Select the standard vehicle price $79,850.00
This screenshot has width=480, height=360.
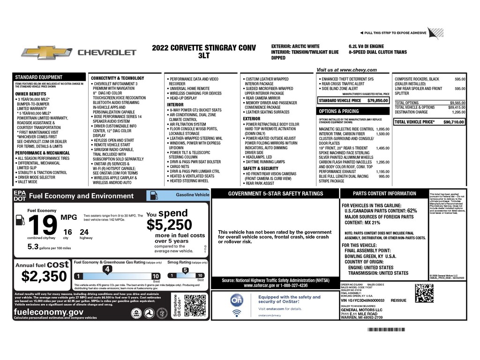(x=377, y=100)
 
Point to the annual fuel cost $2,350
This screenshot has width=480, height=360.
(x=41, y=277)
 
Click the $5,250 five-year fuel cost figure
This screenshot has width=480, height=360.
(x=169, y=225)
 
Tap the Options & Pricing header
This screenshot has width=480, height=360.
(x=339, y=111)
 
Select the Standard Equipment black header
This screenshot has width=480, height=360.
(x=39, y=77)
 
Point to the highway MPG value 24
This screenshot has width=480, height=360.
(x=84, y=232)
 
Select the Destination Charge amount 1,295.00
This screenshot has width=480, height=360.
(x=458, y=112)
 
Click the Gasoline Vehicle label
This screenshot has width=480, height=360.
(x=192, y=194)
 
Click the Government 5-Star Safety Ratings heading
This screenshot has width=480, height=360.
(x=275, y=194)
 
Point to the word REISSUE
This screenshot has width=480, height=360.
(x=398, y=300)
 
